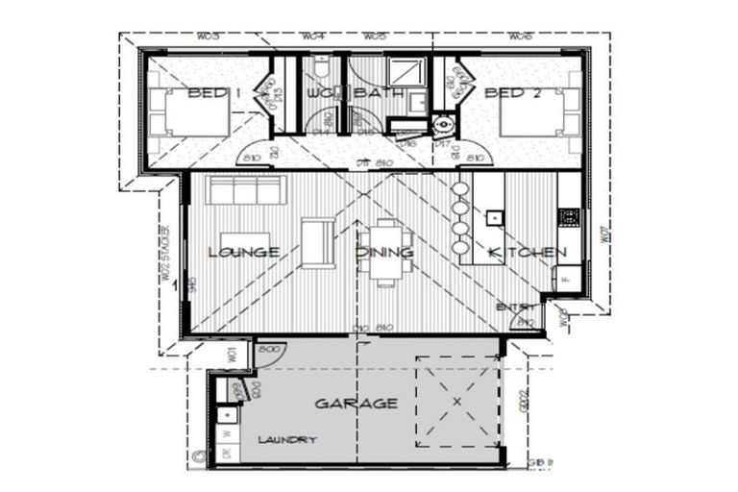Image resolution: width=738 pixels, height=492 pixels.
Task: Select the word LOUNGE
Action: (x=243, y=253)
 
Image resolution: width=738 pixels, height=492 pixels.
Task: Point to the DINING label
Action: (x=384, y=253)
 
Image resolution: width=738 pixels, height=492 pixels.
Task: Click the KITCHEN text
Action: (x=527, y=253)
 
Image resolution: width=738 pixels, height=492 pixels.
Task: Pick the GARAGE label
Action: (x=356, y=404)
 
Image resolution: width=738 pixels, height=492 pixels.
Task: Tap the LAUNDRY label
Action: (x=286, y=439)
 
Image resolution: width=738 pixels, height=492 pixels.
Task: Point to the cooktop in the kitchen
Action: (x=568, y=218)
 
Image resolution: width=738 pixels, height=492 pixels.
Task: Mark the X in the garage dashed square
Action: (x=456, y=401)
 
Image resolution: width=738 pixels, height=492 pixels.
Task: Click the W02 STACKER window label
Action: (x=166, y=253)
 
